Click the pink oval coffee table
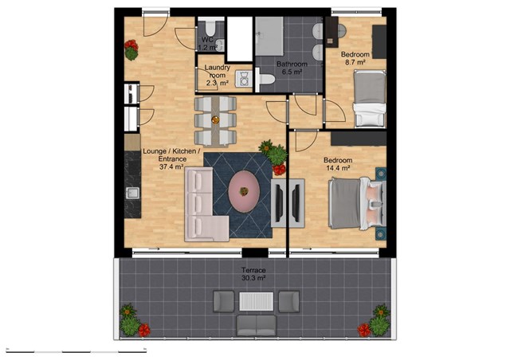[244, 191]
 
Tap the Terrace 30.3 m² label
[253, 274]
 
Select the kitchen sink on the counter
[132, 193]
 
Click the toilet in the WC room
[211, 28]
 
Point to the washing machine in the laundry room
[244, 79]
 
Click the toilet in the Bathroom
[265, 79]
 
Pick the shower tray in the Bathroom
[269, 36]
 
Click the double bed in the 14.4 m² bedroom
[357, 203]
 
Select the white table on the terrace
[257, 302]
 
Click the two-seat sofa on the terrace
[257, 325]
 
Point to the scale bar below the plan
[76, 351]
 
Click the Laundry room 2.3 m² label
[217, 75]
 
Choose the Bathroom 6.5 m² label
[292, 68]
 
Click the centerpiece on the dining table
[215, 120]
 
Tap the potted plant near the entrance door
[131, 50]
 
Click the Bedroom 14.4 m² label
[338, 164]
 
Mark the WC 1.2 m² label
[207, 44]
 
